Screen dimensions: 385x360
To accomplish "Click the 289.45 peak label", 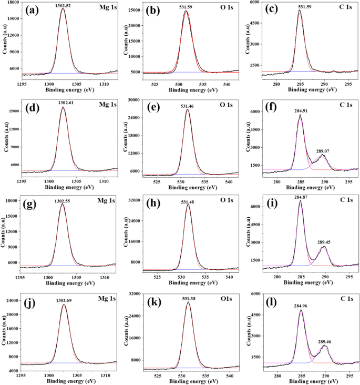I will point(325,242).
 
